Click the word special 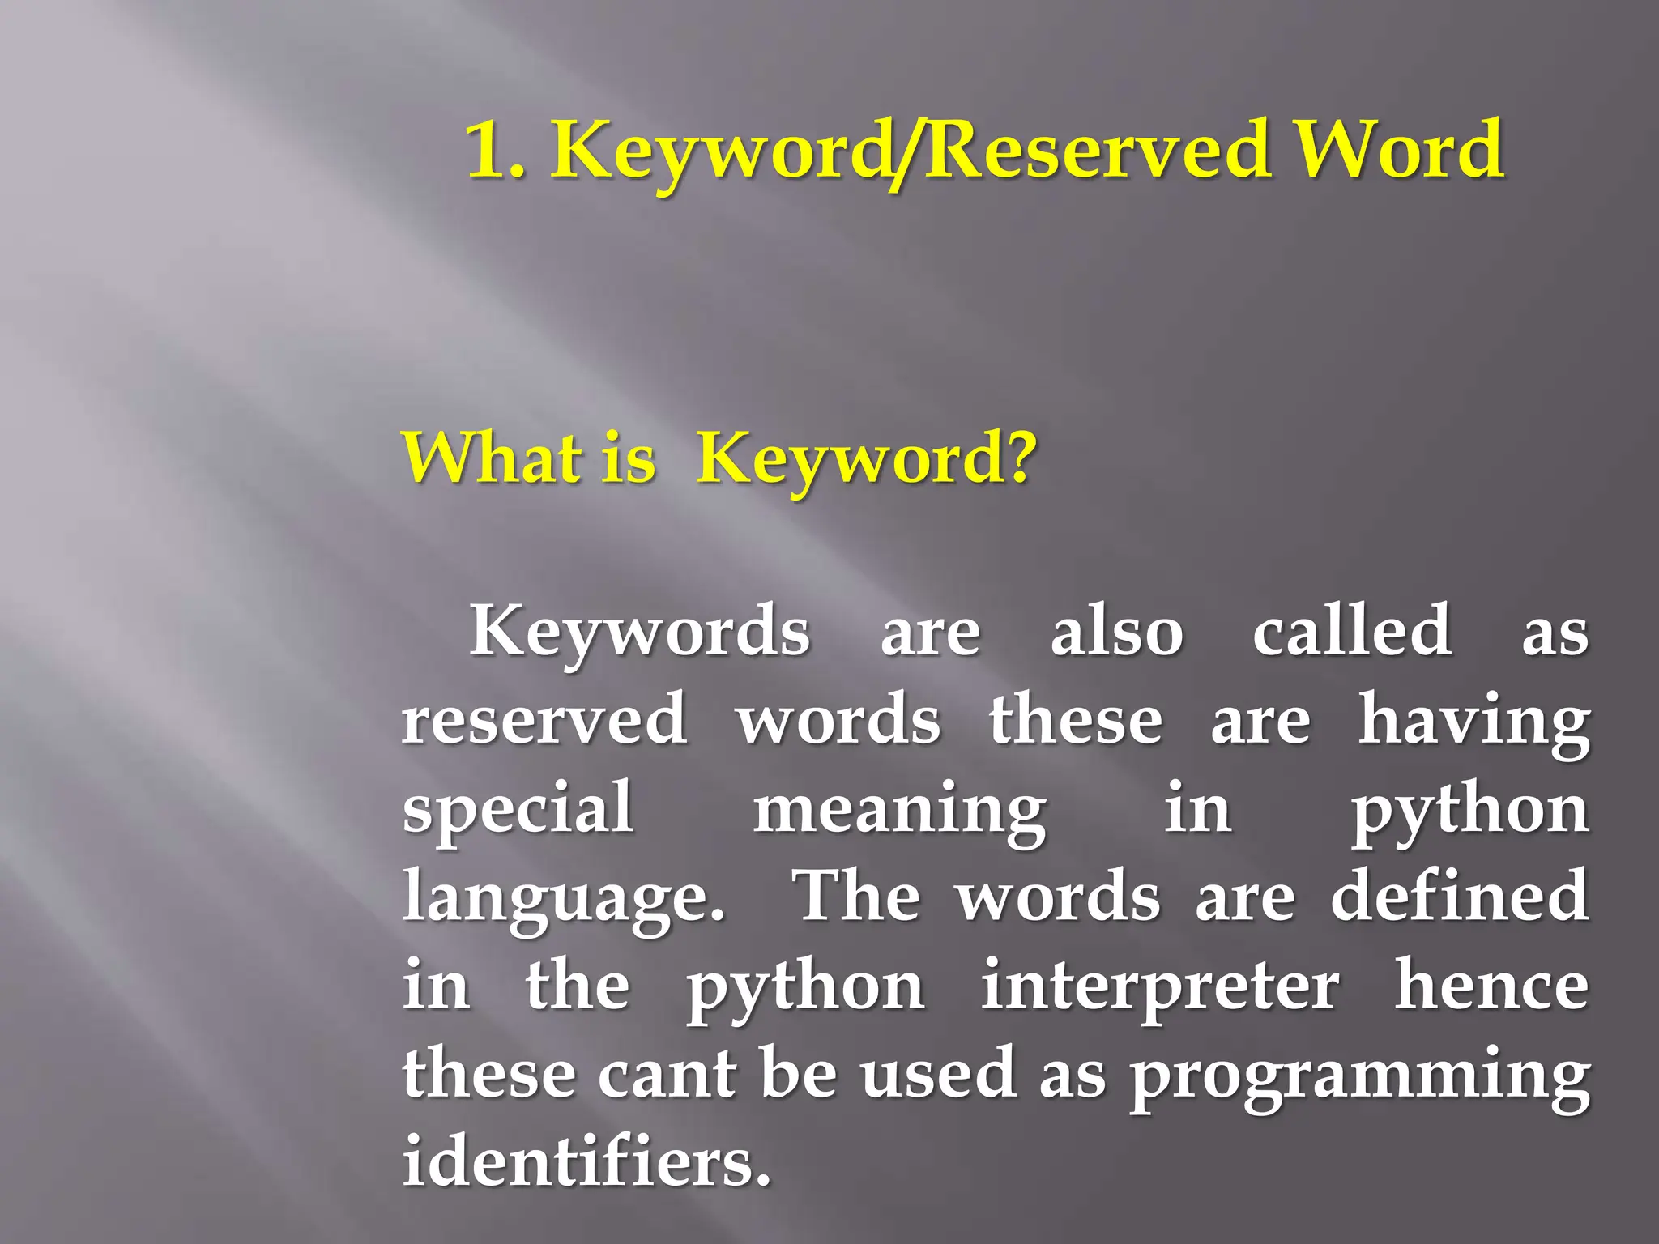(518, 810)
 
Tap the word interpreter (1160, 988)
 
